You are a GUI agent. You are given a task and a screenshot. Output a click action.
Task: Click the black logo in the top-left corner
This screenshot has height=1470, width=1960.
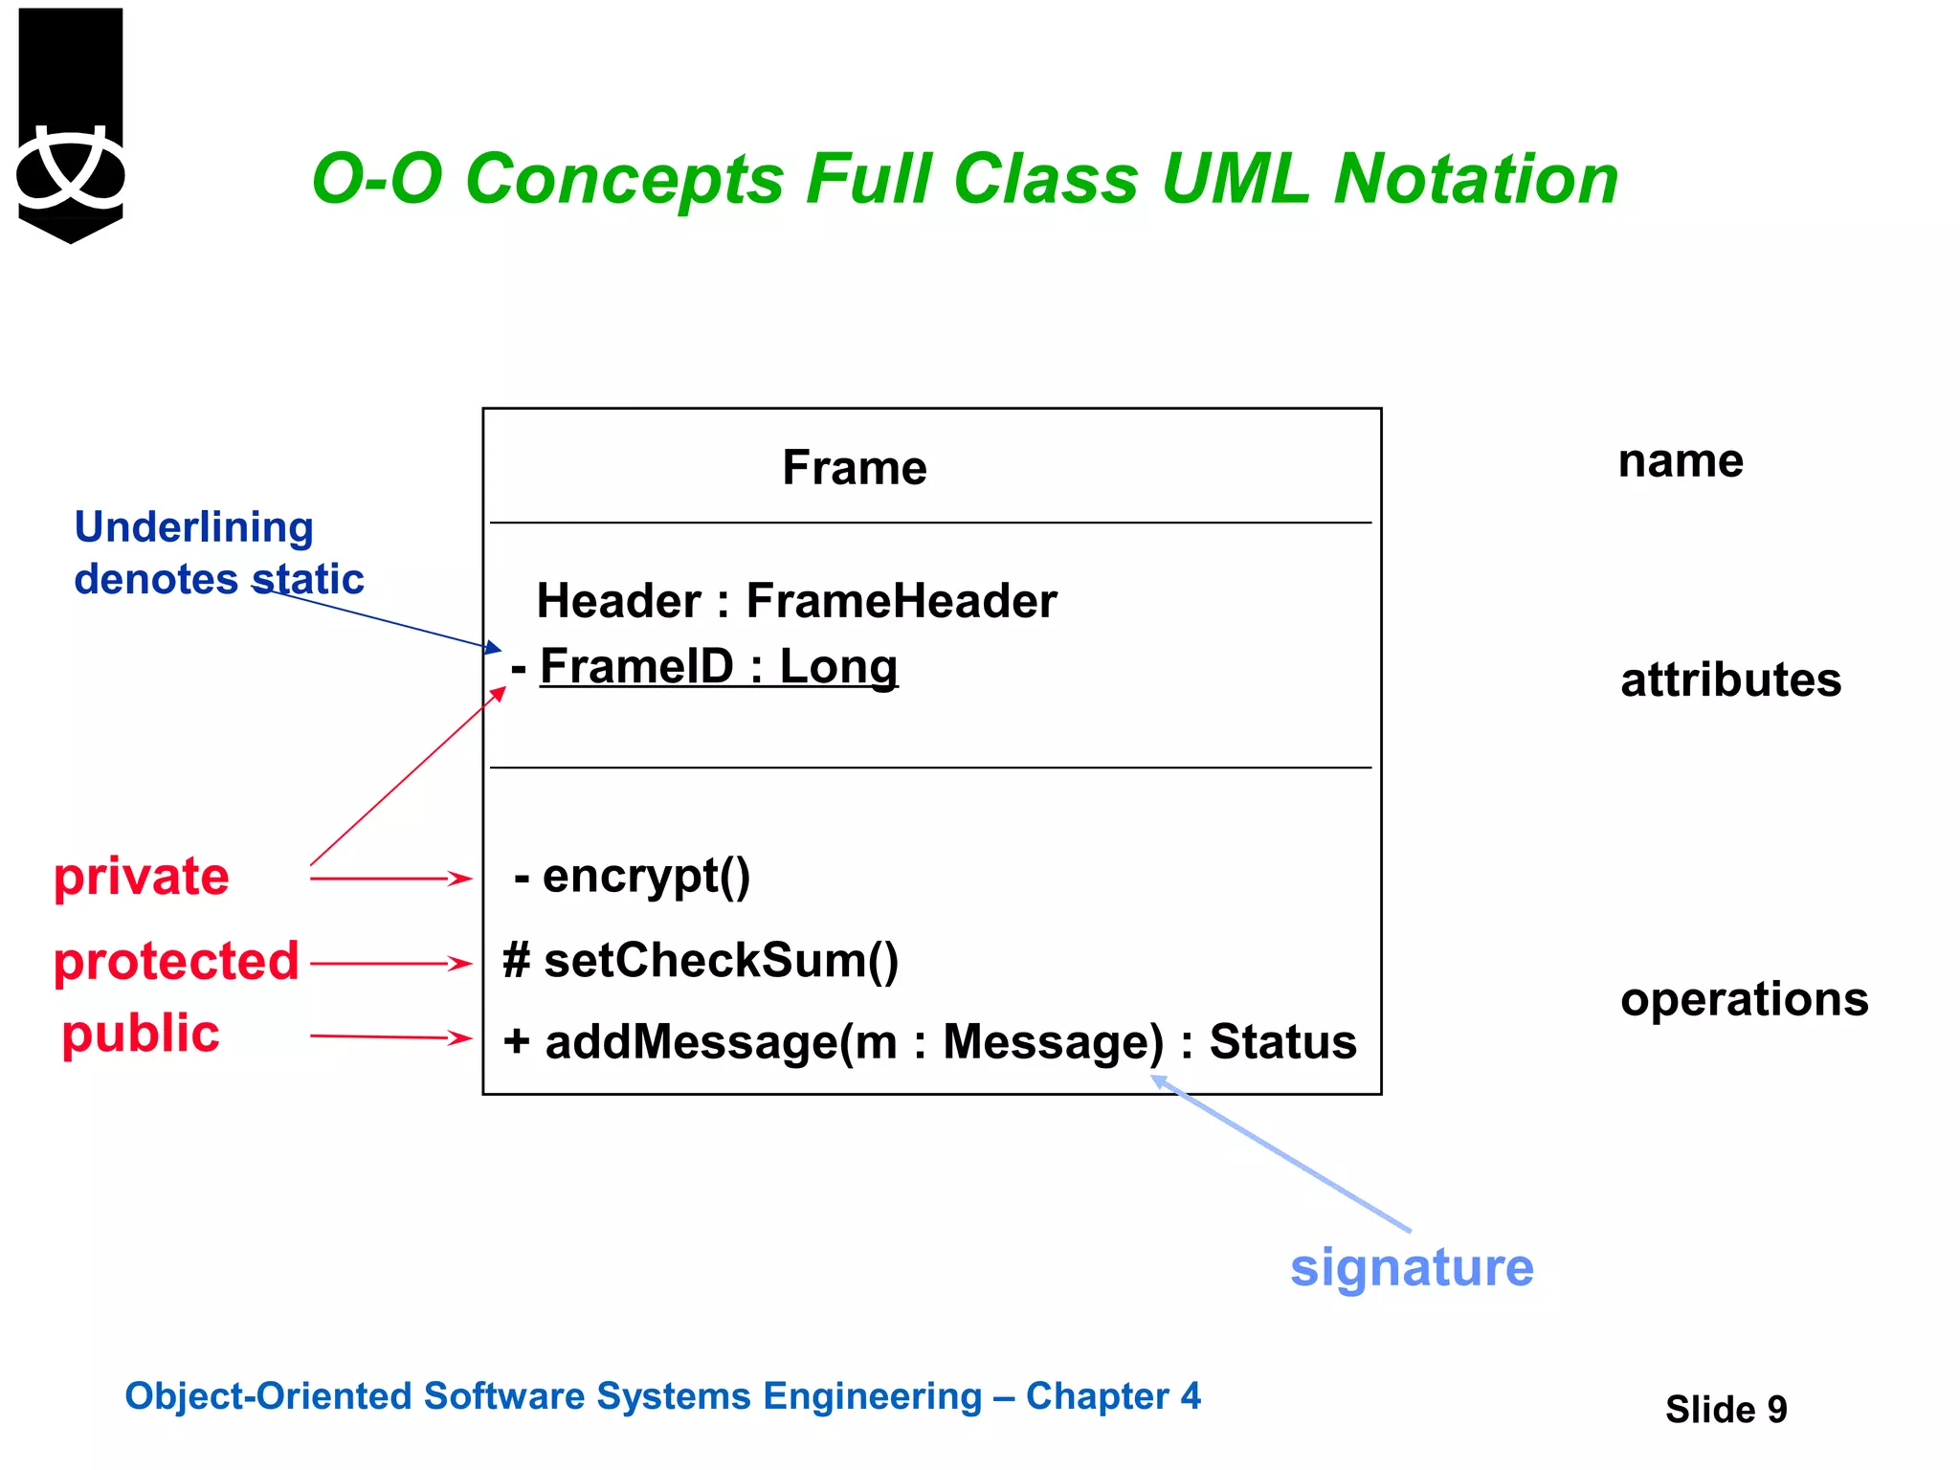(x=71, y=124)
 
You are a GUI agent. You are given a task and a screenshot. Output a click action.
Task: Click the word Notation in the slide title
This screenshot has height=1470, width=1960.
(x=1475, y=179)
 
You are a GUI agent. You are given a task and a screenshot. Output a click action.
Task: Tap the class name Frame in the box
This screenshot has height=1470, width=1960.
(x=854, y=468)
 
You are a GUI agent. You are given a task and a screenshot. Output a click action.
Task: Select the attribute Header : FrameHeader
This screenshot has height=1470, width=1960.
(x=796, y=601)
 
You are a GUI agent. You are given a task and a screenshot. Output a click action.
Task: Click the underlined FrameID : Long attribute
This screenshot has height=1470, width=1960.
(x=718, y=666)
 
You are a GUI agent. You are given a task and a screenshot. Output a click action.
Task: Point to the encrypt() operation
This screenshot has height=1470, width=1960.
(x=645, y=876)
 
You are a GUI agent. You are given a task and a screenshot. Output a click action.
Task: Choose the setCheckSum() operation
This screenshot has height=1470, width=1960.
(x=721, y=960)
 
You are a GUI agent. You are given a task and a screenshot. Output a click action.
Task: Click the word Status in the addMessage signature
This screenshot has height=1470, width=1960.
(x=1282, y=1041)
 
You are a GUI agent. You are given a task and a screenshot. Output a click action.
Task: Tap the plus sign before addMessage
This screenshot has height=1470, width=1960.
(x=517, y=1040)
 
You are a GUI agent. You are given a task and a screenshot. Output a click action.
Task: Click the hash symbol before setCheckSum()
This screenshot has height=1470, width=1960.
(x=517, y=960)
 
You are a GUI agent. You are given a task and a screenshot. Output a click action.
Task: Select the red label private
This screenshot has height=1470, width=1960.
(x=142, y=877)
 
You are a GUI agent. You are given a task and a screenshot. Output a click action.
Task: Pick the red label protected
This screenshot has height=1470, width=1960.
(x=176, y=961)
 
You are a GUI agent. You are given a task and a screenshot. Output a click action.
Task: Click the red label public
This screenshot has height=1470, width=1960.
(x=141, y=1034)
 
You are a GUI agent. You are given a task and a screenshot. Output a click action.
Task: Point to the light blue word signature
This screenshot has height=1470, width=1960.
(x=1412, y=1268)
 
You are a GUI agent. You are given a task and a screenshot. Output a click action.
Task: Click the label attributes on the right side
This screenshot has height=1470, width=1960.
(x=1730, y=680)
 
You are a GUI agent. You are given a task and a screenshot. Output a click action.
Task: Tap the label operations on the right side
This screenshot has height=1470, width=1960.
(x=1744, y=999)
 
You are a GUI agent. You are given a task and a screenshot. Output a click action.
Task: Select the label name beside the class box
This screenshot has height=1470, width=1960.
(x=1681, y=461)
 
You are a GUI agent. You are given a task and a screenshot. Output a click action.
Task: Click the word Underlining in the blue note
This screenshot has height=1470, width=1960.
(x=194, y=527)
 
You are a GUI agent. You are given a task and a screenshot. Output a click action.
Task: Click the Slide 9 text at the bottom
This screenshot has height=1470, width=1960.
(x=1726, y=1410)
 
